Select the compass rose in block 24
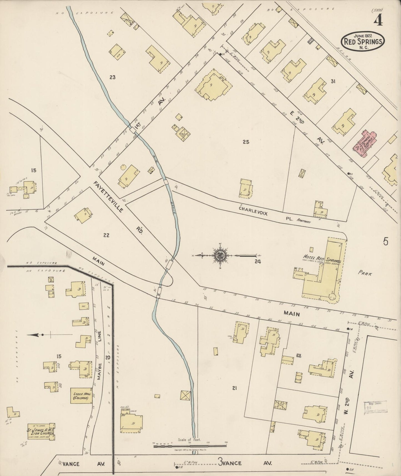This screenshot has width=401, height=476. (220, 255)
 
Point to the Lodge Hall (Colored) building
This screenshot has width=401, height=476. (81, 395)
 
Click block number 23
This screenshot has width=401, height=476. (112, 77)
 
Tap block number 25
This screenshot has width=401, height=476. (246, 142)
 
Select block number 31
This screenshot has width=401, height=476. (333, 81)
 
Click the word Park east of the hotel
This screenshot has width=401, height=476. (365, 273)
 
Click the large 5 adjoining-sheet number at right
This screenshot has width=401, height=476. (385, 242)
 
